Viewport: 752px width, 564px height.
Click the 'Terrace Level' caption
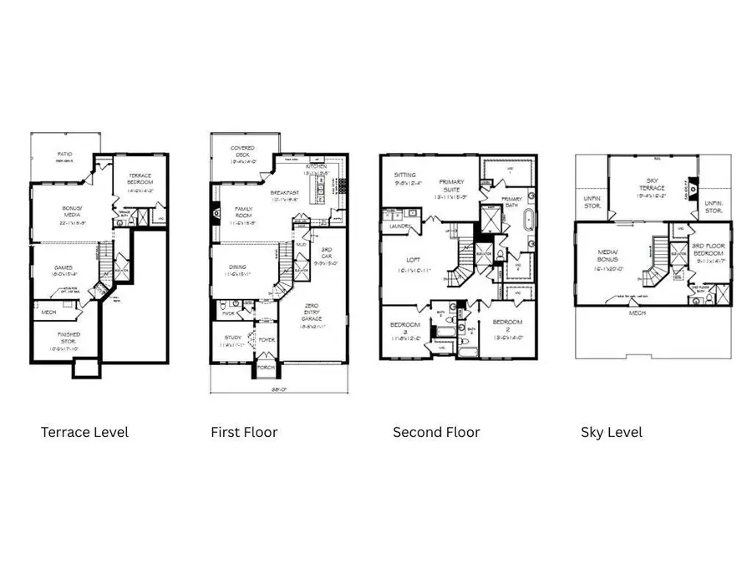pos(84,432)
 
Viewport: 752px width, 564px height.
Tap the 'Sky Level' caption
pos(612,432)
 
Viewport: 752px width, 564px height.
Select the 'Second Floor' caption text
pos(436,432)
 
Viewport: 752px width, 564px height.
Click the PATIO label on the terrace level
pos(64,155)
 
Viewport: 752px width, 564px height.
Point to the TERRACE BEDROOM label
pos(140,178)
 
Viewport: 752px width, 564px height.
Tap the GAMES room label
pos(64,268)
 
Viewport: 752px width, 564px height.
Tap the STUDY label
pos(231,338)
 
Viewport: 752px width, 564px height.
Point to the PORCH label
pos(267,366)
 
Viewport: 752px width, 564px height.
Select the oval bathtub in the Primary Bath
pos(528,222)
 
